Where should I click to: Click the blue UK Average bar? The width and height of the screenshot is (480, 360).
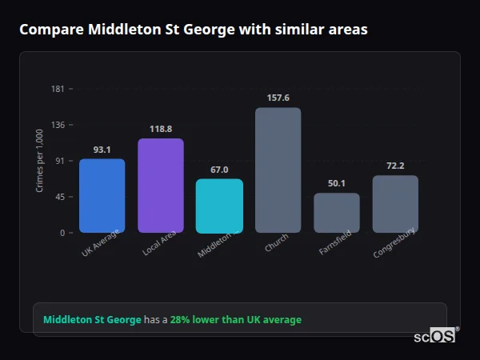pos(102,195)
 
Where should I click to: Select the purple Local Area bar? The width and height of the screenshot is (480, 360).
pos(161,186)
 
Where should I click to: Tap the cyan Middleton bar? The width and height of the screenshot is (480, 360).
pos(219,206)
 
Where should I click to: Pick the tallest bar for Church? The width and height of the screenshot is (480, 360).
pos(278,170)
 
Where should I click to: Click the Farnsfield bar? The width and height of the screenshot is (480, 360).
pos(337,213)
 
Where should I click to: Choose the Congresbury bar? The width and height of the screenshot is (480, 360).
pos(395,204)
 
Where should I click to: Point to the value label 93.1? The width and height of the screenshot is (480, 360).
pos(102,150)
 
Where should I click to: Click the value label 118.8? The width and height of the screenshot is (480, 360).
pos(161,129)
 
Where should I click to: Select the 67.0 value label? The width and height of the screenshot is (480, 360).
pos(219,170)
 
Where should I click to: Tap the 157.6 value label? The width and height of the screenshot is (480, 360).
pos(278,98)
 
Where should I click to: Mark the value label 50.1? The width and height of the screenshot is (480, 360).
pos(337,183)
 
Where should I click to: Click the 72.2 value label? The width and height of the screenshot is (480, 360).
pos(395,166)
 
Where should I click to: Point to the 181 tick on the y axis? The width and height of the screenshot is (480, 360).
pos(58,89)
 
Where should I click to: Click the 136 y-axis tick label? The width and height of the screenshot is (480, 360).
pos(58,125)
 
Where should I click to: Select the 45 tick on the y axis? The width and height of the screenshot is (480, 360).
pos(60,197)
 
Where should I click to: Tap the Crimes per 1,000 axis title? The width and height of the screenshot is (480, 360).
pos(40,161)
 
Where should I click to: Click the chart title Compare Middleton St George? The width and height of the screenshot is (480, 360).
pos(194,30)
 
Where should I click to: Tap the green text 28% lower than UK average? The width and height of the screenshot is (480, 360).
pos(236,320)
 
